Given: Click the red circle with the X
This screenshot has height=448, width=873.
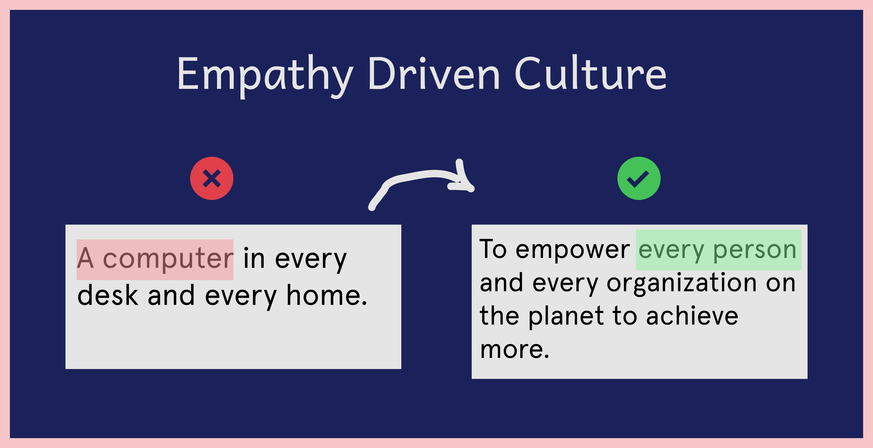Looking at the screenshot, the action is pyautogui.click(x=212, y=178).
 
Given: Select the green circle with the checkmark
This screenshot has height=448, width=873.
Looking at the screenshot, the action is pyautogui.click(x=639, y=178).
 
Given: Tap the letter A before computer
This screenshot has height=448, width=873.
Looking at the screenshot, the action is pyautogui.click(x=85, y=258).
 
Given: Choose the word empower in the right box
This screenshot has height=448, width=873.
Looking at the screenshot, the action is pyautogui.click(x=573, y=251).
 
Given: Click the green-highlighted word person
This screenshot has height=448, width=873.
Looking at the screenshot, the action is pyautogui.click(x=755, y=251).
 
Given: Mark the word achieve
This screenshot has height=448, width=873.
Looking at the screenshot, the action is pyautogui.click(x=692, y=315).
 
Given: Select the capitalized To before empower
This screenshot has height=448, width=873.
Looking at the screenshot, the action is pyautogui.click(x=493, y=249).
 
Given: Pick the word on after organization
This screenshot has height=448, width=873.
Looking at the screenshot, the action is pyautogui.click(x=780, y=283).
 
